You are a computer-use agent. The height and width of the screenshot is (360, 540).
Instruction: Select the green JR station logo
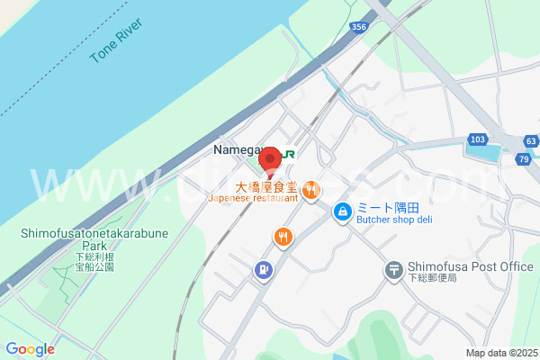coord(287,154)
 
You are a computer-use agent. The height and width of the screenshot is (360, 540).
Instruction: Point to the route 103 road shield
coord(477,139)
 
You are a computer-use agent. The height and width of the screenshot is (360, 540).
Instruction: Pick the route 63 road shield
coord(531,141)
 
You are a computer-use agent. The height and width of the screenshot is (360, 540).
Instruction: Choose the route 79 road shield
coord(522,159)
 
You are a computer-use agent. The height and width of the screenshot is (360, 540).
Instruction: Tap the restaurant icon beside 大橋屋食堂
coord(310,189)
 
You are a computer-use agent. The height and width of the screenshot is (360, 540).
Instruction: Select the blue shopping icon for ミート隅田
coord(343,212)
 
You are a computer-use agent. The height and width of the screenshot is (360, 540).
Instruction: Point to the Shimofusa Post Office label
coord(471,266)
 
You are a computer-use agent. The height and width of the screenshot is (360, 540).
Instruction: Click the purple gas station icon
coord(263,268)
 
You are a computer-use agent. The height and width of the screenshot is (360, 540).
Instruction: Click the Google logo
coord(30,349)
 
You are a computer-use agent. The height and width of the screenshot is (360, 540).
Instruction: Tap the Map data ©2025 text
coord(499,353)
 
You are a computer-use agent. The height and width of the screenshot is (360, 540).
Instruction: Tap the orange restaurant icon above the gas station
coord(283,238)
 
